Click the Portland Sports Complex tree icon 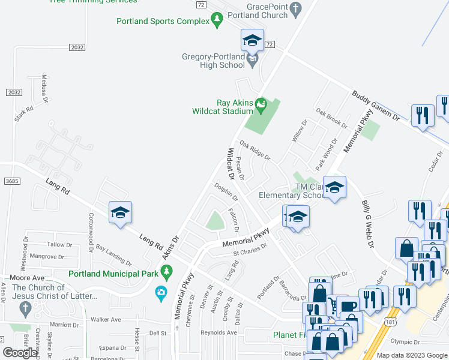217,21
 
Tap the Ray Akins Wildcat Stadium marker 261,105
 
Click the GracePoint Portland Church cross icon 295,8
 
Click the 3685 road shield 9,181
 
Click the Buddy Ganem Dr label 375,106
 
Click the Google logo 20,353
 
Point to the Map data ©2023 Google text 411,355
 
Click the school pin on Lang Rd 120,213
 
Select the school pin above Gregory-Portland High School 252,41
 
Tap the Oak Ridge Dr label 255,151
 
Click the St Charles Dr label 250,249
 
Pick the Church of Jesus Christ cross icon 25,309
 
